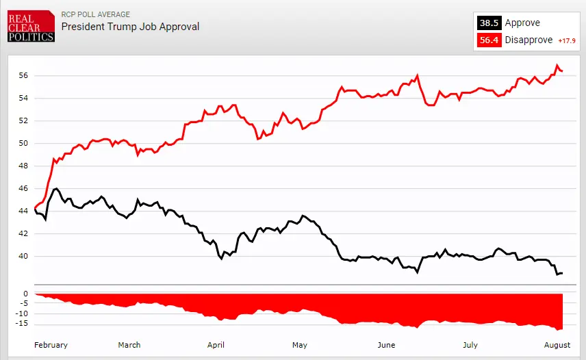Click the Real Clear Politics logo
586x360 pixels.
tap(31, 26)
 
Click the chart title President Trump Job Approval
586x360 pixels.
tap(130, 27)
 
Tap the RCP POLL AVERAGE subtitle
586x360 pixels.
tap(95, 14)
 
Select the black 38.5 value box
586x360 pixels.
tap(489, 23)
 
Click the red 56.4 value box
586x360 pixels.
tap(489, 40)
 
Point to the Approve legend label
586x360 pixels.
tap(522, 23)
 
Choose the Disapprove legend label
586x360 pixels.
tap(528, 40)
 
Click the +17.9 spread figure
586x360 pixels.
tap(568, 40)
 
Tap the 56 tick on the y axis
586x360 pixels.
tap(23, 75)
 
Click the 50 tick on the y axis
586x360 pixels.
tap(23, 143)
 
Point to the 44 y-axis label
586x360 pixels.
tap(23, 211)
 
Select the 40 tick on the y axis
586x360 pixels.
tap(23, 256)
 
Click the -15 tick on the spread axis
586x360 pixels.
tap(21, 324)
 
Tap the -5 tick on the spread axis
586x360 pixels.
tap(23, 304)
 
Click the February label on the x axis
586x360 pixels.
tap(51, 345)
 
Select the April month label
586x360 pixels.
tap(216, 345)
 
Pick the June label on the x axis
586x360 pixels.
tap(386, 345)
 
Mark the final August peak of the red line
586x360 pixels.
tap(557, 65)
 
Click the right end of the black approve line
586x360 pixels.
tap(562, 273)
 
